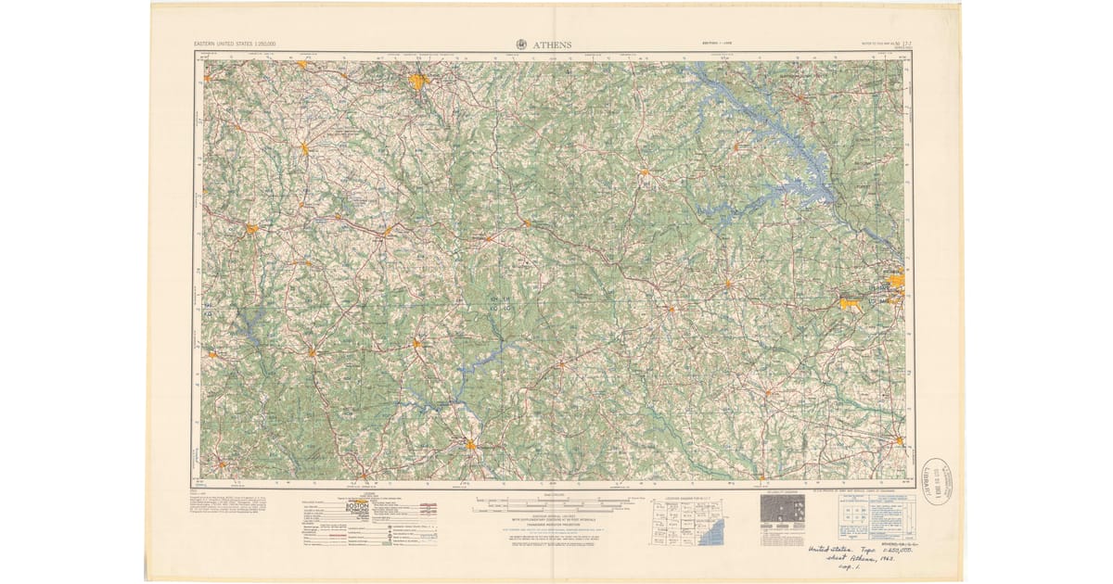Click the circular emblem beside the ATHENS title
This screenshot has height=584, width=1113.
pos(520,44)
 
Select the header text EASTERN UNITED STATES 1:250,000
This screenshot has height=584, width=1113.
pos(240,44)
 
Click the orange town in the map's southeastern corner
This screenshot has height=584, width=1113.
pos(899,439)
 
